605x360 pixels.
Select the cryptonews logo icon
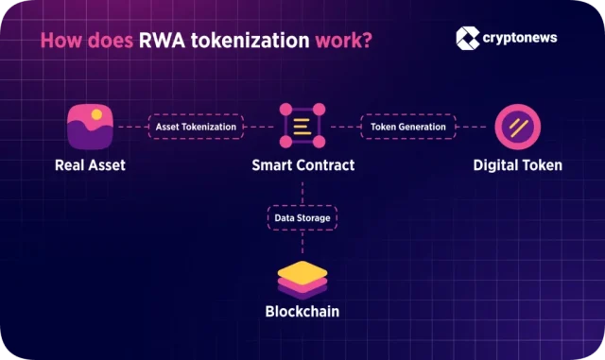click(x=468, y=37)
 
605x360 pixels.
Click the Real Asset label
click(x=90, y=165)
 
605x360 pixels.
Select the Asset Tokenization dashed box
click(x=197, y=126)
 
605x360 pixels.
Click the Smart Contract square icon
click(x=302, y=126)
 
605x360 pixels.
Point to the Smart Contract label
click(x=302, y=165)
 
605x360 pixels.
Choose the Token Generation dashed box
click(x=407, y=126)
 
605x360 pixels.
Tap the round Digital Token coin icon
click(x=517, y=126)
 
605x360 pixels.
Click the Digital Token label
click(x=517, y=165)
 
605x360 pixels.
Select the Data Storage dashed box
click(x=302, y=217)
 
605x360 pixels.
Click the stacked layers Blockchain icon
click(x=302, y=278)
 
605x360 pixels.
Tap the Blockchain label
click(x=302, y=310)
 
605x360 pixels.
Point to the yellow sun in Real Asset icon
click(x=96, y=115)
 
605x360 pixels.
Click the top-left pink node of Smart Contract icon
click(x=285, y=109)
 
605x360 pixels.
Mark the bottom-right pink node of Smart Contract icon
click(x=320, y=143)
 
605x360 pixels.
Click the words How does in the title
click(x=79, y=42)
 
